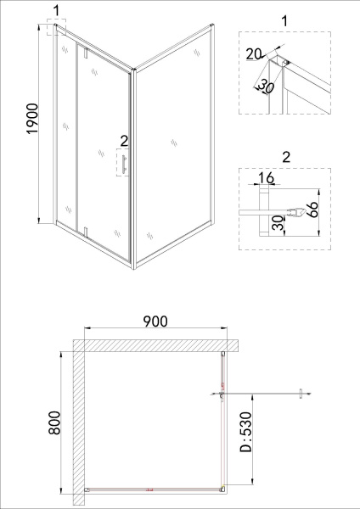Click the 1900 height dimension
[x=33, y=119]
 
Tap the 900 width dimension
[x=155, y=322]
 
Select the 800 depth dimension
[x=54, y=422]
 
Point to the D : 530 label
[x=245, y=432]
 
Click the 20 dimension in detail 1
[x=253, y=54]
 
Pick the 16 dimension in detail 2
[x=267, y=178]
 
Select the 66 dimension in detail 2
[x=312, y=210]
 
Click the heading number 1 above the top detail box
[x=284, y=21]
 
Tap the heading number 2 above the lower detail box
[x=286, y=158]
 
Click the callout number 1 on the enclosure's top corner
[x=57, y=11]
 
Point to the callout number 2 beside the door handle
[x=124, y=141]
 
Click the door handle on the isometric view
[x=124, y=165]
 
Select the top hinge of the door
[x=86, y=53]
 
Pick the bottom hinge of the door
[x=86, y=232]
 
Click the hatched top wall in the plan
[x=155, y=346]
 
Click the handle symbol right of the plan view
[x=301, y=394]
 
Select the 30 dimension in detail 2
[x=278, y=223]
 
